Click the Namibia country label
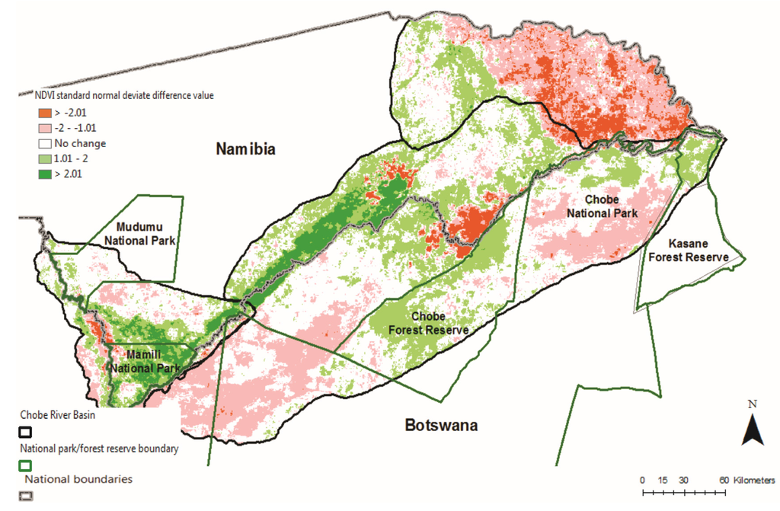pos(245,148)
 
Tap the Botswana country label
pos(441,425)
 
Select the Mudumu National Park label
pos(146,234)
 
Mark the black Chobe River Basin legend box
pos(25,433)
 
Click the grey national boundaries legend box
pos(25,496)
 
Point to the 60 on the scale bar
pos(723,480)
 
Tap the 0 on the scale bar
pos(642,480)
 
